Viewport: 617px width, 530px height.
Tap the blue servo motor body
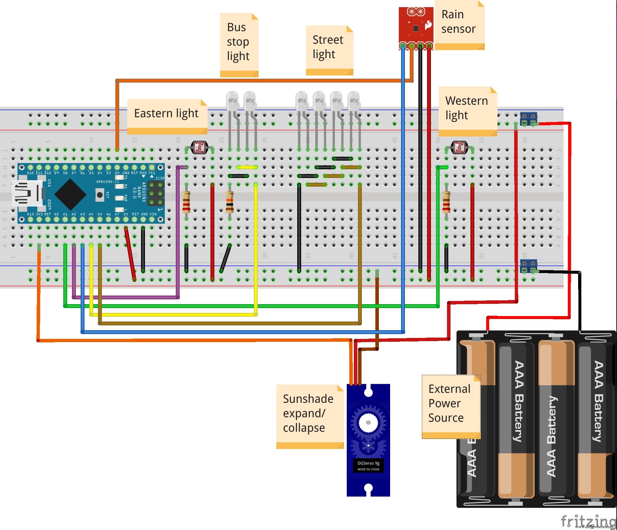coord(368,440)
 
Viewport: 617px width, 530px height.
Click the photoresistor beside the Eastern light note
coord(200,148)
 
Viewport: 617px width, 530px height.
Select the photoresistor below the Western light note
coord(459,148)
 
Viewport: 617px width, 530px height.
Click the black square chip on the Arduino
coord(70,194)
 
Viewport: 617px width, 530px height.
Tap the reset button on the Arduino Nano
coord(100,195)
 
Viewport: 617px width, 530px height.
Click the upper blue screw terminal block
coord(528,118)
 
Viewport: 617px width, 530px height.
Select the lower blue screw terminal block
coord(528,266)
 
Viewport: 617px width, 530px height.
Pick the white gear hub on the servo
coord(368,423)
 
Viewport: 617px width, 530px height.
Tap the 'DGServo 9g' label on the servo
coord(368,463)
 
